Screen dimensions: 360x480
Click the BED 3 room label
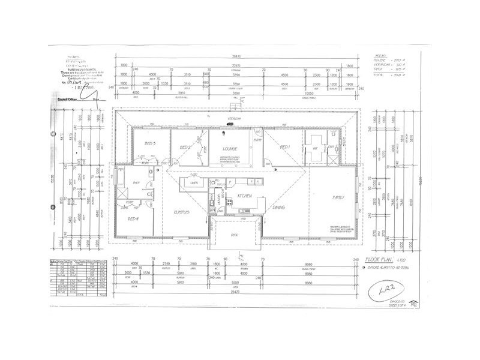pyautogui.click(x=151, y=143)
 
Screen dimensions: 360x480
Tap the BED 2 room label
pyautogui.click(x=185, y=147)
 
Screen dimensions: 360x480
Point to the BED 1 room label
pyautogui.click(x=285, y=147)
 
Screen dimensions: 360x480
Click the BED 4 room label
pyautogui.click(x=134, y=219)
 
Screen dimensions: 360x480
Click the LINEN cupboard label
pyautogui.click(x=194, y=182)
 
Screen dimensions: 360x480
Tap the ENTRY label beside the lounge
pyautogui.click(x=257, y=139)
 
